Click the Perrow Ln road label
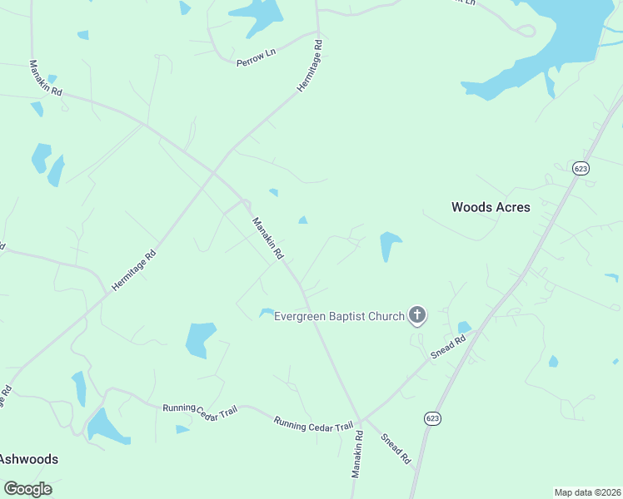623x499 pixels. click(256, 57)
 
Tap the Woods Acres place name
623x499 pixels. click(491, 207)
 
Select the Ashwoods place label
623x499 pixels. click(28, 458)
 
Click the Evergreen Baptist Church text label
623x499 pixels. click(339, 316)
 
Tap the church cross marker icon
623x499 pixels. click(417, 315)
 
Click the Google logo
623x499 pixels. click(27, 489)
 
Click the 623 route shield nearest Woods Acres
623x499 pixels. click(581, 167)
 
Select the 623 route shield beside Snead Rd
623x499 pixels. click(431, 417)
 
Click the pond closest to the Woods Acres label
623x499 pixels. click(389, 243)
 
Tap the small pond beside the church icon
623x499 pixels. click(464, 328)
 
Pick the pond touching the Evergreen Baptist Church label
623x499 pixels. click(267, 313)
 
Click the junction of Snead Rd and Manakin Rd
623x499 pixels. click(361, 420)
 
